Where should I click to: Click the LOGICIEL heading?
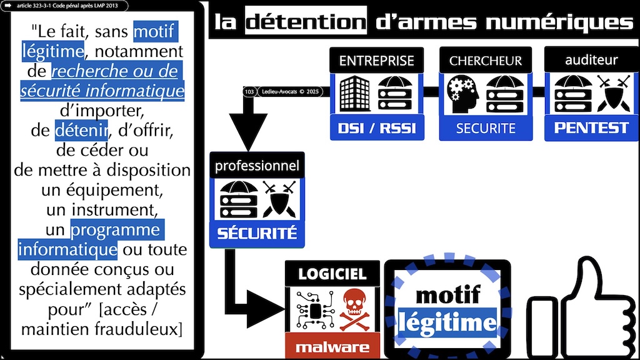tap(332, 273)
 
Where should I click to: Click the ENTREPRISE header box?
tap(376, 61)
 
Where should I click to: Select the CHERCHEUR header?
tap(486, 61)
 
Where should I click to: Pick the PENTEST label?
tap(591, 127)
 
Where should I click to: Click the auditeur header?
tap(591, 60)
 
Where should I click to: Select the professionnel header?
tap(257, 166)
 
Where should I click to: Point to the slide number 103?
tap(249, 92)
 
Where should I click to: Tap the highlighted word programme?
tap(115, 230)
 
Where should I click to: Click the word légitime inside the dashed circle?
tap(447, 322)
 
